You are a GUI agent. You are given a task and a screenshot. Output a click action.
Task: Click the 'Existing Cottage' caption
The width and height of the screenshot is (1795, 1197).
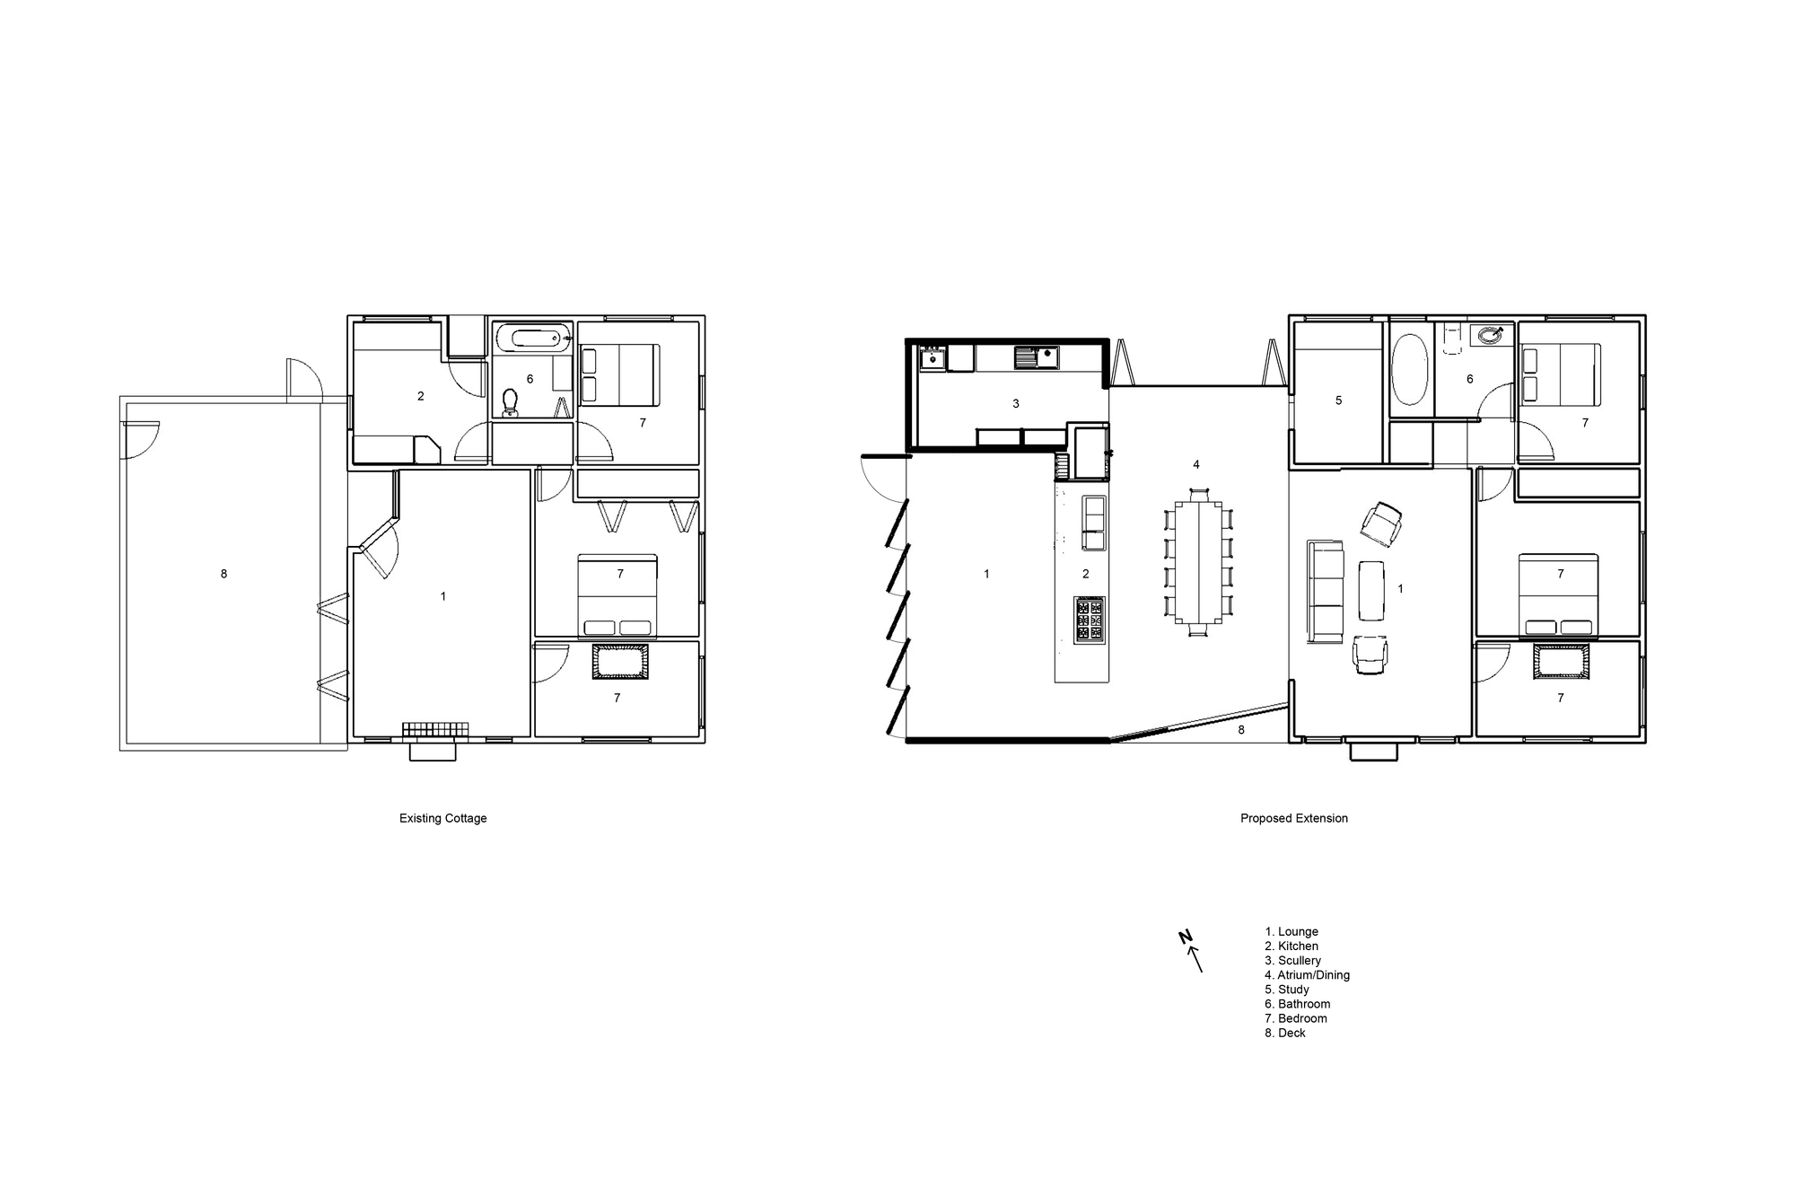pyautogui.click(x=442, y=819)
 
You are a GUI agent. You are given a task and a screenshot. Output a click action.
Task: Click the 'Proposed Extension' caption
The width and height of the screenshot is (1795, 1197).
pyautogui.click(x=1294, y=819)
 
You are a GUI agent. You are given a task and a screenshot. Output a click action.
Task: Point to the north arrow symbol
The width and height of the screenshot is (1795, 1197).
pyautogui.click(x=1191, y=951)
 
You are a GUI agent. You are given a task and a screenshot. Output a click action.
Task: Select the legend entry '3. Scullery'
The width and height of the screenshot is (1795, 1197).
pyautogui.click(x=1293, y=961)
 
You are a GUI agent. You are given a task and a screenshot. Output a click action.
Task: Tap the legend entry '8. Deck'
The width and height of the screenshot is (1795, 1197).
pyautogui.click(x=1285, y=1034)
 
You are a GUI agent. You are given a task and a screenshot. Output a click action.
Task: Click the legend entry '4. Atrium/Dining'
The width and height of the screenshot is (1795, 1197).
pyautogui.click(x=1307, y=975)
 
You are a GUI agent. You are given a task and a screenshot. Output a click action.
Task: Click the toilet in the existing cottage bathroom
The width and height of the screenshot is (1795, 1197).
pyautogui.click(x=511, y=402)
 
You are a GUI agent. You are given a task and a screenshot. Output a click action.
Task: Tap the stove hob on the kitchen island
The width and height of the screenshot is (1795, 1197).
pyautogui.click(x=1090, y=620)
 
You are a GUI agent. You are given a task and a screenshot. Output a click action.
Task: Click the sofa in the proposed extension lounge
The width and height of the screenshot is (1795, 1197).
pyautogui.click(x=1325, y=592)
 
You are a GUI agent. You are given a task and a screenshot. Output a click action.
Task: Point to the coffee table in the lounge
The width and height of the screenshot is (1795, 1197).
pyautogui.click(x=1371, y=591)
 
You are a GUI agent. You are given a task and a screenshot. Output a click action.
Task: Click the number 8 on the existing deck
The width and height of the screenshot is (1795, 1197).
pyautogui.click(x=223, y=574)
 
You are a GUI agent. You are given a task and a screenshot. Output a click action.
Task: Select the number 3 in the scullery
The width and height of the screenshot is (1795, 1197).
pyautogui.click(x=1016, y=404)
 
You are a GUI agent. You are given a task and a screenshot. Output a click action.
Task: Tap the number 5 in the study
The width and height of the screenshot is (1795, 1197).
pyautogui.click(x=1338, y=400)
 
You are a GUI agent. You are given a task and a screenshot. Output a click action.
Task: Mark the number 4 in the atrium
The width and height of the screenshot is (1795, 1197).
pyautogui.click(x=1196, y=465)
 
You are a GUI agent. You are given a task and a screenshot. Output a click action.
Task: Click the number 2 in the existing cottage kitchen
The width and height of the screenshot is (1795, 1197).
pyautogui.click(x=420, y=396)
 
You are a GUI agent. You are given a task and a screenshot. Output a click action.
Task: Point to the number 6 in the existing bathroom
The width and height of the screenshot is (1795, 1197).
pyautogui.click(x=530, y=379)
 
